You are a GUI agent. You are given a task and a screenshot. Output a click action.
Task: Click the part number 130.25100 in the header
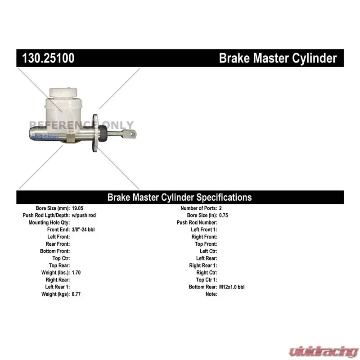click(48, 58)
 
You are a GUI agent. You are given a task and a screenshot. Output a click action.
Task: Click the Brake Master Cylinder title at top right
click(278, 58)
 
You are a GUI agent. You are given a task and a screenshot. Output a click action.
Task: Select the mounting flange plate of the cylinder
click(95, 133)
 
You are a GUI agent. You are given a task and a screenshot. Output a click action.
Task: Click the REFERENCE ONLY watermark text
click(81, 125)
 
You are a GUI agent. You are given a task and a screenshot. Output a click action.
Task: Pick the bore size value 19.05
click(77, 208)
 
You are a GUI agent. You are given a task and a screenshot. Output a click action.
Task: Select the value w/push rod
click(84, 216)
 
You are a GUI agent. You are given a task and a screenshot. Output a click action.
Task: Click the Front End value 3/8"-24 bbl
click(83, 229)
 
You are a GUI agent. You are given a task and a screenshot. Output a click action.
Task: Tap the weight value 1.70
click(76, 273)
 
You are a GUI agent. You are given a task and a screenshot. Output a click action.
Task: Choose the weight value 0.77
click(76, 294)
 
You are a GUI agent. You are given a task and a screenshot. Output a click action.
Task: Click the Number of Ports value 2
click(220, 208)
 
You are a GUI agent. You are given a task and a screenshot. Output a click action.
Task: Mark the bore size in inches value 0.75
click(223, 216)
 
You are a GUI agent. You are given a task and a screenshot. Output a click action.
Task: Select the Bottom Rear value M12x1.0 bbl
click(232, 287)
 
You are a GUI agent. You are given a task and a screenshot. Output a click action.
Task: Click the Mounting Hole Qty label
click(49, 222)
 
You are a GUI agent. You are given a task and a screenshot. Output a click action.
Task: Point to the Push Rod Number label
click(197, 222)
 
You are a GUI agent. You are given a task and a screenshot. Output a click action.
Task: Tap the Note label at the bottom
click(211, 294)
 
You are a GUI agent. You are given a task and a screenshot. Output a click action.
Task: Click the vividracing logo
click(324, 351)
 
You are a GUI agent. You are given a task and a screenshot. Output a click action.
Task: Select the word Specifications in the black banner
click(224, 198)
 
